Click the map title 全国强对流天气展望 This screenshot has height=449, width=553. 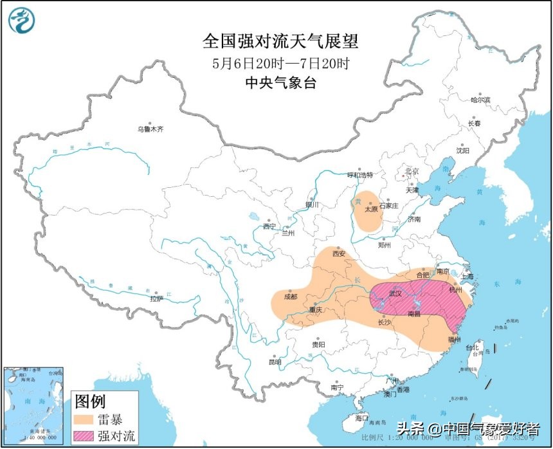click(280, 42)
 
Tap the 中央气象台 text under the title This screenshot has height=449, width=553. click(280, 83)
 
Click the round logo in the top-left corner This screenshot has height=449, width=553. click(21, 20)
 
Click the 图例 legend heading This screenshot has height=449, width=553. click(90, 402)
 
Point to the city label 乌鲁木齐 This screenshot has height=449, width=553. click(150, 129)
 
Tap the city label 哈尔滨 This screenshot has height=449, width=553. click(480, 100)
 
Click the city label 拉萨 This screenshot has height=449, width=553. click(156, 298)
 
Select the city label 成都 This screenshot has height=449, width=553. click(290, 297)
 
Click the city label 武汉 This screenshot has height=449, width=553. click(394, 293)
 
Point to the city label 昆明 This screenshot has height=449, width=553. click(275, 362)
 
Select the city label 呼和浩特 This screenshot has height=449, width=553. click(360, 174)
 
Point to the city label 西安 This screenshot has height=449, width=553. click(339, 253)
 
